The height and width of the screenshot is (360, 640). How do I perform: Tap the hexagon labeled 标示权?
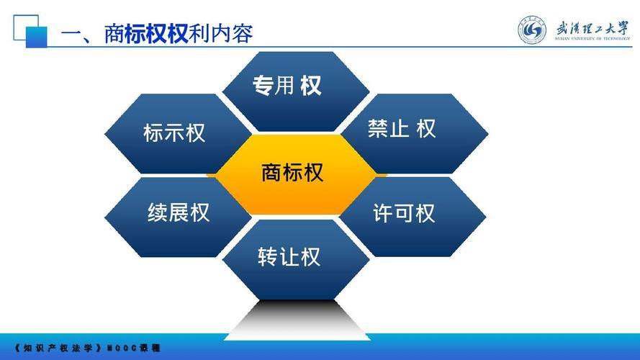click(x=175, y=133)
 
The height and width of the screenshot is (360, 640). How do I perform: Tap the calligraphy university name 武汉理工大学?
click(x=591, y=27)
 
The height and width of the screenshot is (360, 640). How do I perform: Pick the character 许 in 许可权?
click(x=383, y=214)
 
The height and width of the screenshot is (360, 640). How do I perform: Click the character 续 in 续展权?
click(x=158, y=213)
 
